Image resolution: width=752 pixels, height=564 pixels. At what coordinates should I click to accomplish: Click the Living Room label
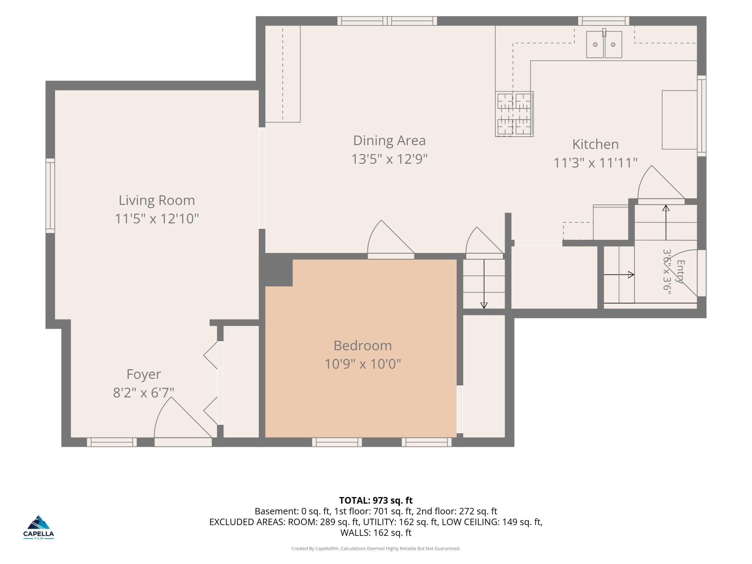tap(157, 200)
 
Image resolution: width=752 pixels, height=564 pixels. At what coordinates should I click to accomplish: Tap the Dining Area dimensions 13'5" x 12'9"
tap(389, 159)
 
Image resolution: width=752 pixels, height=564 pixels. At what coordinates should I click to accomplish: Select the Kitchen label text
tap(595, 144)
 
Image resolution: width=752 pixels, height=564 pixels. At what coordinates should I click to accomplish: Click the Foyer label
tap(144, 375)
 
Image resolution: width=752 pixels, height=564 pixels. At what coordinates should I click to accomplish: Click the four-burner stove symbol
tap(514, 114)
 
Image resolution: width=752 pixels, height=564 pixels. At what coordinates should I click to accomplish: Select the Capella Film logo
tap(39, 527)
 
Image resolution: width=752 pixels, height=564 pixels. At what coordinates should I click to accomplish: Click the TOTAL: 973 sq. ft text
tap(376, 500)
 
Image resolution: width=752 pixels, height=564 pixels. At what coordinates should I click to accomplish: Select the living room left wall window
tap(50, 196)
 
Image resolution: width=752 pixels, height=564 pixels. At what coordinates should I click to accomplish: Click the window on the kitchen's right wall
tap(701, 116)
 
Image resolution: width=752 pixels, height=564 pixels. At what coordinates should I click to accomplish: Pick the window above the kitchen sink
tap(603, 21)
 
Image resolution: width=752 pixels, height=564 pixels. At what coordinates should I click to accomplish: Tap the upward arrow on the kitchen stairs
tap(666, 222)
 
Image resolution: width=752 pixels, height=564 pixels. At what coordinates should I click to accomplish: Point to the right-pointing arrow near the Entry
tap(619, 275)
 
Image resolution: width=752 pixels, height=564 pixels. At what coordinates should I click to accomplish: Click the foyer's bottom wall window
tap(112, 442)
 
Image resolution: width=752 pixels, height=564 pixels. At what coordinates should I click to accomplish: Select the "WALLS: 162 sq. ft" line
tap(376, 533)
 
